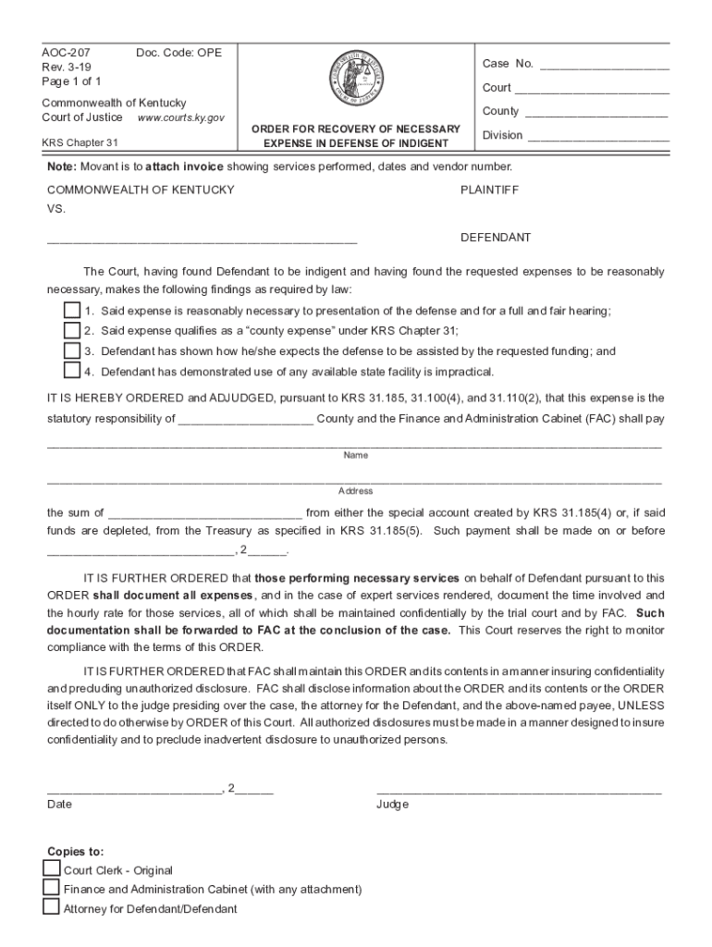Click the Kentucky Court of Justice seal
356,79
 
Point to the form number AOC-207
60,53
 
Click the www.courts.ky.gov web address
180,118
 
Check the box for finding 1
71,311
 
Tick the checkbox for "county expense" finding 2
71,330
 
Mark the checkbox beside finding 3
71,351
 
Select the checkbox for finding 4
71,371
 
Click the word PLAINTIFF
489,190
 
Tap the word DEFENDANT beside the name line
496,238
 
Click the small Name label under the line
356,455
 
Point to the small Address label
356,491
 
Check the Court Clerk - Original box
51,869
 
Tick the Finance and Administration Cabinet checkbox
51,888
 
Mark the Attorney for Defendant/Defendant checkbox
51,907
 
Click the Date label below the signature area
59,805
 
